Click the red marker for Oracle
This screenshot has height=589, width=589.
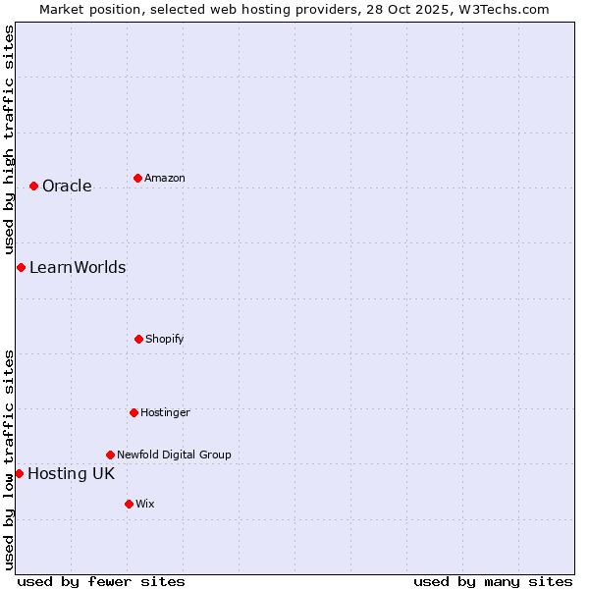point(33,186)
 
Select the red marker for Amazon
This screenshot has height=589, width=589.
point(137,178)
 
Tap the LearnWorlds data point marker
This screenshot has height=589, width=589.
point(21,267)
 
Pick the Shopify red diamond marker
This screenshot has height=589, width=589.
point(138,339)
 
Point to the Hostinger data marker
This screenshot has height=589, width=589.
point(134,412)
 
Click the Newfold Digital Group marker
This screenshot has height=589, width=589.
point(110,455)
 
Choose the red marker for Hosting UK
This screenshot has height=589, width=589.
point(19,473)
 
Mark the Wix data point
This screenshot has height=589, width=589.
point(129,504)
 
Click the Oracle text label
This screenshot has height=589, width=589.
point(67,187)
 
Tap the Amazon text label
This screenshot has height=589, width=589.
point(165,179)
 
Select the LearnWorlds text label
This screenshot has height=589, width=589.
point(78,268)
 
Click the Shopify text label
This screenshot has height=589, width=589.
point(165,340)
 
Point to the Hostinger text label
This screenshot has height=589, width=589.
point(165,413)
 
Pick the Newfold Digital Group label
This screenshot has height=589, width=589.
point(174,455)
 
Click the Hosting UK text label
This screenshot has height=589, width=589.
point(71,474)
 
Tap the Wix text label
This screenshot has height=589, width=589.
point(145,505)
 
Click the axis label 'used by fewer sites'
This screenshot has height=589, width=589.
point(101,581)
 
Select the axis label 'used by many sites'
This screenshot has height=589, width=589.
point(493,581)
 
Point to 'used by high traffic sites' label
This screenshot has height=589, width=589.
point(9,139)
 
